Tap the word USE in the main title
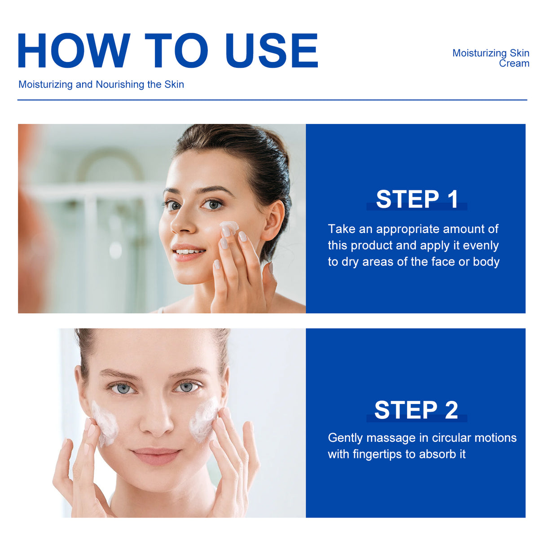tap(272, 51)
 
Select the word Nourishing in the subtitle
tap(120, 84)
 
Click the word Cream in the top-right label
tap(514, 64)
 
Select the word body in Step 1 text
tap(486, 262)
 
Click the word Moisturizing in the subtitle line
tap(45, 84)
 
